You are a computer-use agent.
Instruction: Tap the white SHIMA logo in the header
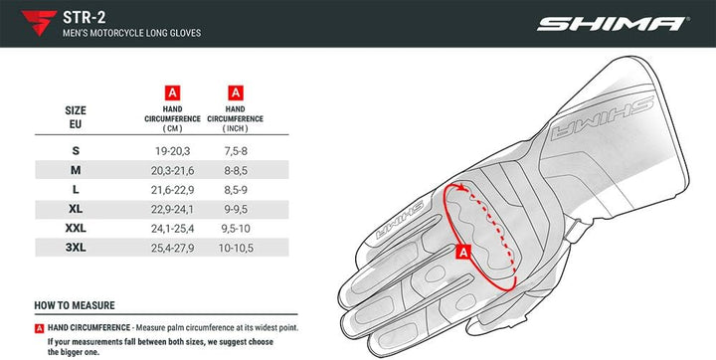(x=611, y=24)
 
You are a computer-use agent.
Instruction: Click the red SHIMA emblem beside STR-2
(x=39, y=23)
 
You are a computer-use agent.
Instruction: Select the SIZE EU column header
(x=76, y=117)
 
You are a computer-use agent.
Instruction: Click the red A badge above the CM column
(x=172, y=92)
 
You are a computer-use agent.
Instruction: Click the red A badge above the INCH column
(x=236, y=92)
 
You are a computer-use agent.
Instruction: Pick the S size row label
(x=76, y=150)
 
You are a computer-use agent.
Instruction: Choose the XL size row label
(x=76, y=209)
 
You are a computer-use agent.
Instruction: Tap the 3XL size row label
(x=76, y=247)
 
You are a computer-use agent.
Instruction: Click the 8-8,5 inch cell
(x=236, y=170)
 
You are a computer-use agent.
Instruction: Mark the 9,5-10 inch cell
(x=236, y=228)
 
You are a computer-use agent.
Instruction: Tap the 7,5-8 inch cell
(x=236, y=150)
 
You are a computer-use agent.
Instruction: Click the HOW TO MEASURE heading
(x=75, y=305)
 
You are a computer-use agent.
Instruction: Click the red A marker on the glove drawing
(x=462, y=254)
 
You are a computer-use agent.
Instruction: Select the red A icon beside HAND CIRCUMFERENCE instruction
(x=39, y=327)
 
